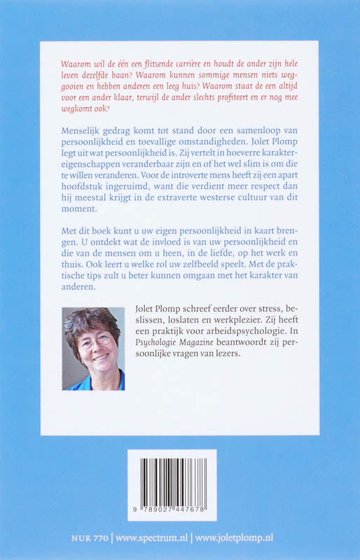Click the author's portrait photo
93,348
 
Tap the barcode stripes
172,477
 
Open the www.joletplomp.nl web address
234,538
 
